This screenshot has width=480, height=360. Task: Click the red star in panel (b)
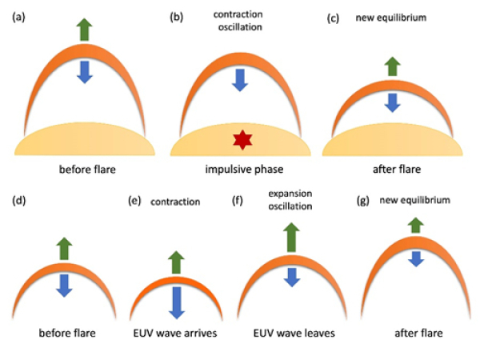coord(241,142)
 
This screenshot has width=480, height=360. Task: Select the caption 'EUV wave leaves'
coord(294,331)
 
